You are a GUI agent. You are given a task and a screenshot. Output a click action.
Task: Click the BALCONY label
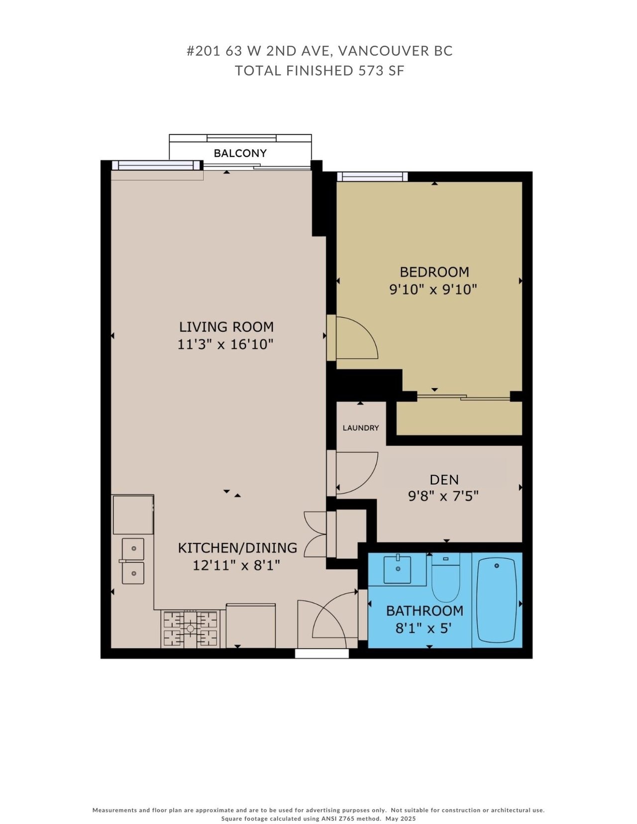tap(240, 153)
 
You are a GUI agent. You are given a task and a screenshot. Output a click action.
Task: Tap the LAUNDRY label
tap(361, 428)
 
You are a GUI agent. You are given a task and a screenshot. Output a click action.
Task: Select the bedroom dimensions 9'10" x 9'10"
tap(432, 290)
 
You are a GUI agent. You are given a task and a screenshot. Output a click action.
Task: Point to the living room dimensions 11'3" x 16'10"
tap(225, 345)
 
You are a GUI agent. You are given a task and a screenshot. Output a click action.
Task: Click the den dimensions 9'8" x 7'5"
tap(443, 496)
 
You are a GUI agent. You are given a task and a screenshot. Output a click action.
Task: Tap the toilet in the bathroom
tap(445, 577)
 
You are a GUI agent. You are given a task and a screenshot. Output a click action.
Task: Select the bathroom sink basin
tap(397, 570)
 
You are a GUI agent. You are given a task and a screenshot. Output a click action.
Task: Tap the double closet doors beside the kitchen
tap(316, 534)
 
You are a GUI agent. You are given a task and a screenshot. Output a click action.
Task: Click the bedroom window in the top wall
tap(372, 177)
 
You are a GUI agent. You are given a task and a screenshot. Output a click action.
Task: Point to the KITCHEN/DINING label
tap(238, 548)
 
